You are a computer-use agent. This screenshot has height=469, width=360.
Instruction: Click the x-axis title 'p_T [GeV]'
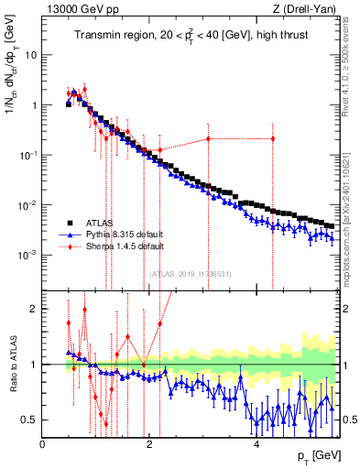click(315, 456)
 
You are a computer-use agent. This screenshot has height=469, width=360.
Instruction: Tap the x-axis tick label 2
click(148, 443)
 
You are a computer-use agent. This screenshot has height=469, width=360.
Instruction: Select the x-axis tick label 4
click(256, 443)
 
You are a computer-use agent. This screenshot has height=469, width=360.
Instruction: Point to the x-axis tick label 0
click(42, 443)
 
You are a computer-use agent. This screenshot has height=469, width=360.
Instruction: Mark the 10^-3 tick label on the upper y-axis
click(27, 253)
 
